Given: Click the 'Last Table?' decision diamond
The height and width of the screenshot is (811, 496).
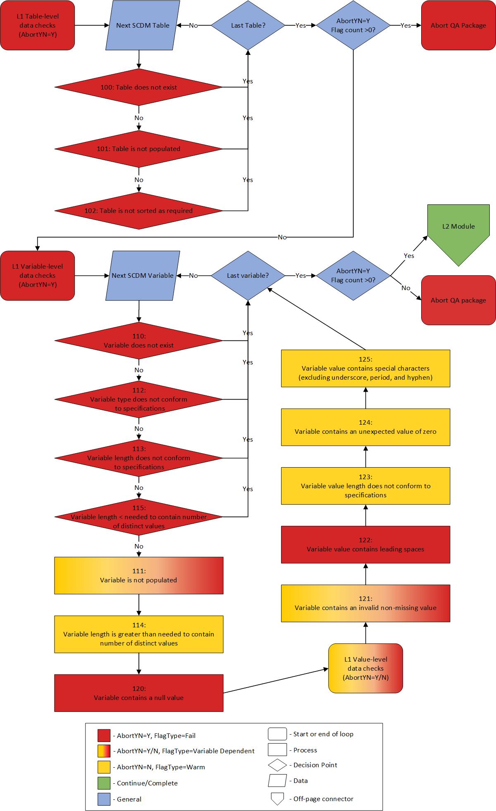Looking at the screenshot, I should point(248,25).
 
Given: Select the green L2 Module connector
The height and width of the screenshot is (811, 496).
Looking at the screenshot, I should point(458,231).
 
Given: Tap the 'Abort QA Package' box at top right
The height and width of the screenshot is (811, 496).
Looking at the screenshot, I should point(458,25).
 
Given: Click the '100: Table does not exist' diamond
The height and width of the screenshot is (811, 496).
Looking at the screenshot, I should point(138,87).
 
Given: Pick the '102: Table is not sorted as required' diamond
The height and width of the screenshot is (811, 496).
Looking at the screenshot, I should point(138,210).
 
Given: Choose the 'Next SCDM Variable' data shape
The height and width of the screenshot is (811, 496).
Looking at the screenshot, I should point(143,275).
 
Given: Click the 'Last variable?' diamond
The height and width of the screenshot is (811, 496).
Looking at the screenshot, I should point(248,275).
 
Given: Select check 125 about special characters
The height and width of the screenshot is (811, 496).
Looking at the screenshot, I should point(365,369).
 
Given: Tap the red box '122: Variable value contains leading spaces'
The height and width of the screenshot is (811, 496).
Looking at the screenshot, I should point(365,544).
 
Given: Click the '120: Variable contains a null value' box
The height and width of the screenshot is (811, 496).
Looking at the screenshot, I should point(138,693).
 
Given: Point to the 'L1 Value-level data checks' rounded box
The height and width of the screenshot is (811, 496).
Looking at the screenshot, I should point(365,668).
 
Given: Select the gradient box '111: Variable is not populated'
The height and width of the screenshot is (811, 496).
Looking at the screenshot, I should point(138,575).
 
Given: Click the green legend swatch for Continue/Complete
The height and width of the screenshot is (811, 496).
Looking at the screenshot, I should point(104,783).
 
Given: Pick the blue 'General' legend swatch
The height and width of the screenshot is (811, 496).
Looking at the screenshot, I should point(104,799).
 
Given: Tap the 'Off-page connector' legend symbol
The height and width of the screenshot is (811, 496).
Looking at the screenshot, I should point(277,799).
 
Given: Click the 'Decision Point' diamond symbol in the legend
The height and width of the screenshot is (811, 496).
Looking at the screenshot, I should point(277,765).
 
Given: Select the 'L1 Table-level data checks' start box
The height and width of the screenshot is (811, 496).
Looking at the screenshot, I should point(38,25).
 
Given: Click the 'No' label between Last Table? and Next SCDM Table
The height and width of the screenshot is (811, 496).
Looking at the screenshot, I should point(193,26).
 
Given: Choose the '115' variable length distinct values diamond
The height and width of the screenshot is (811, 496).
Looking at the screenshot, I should point(138,517).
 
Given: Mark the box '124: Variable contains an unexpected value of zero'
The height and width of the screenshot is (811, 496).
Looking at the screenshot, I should point(365,427).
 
